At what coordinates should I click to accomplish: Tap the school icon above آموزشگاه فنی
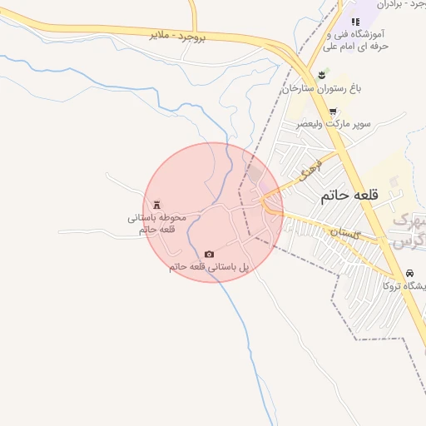[355, 22]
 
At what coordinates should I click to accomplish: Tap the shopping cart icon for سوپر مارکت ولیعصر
[333, 111]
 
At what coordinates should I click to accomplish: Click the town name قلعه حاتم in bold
[348, 196]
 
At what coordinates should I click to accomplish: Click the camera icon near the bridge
[209, 254]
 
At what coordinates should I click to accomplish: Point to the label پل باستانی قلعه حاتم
[209, 266]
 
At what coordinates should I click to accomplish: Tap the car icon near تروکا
[410, 273]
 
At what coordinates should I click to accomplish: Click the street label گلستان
[344, 233]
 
